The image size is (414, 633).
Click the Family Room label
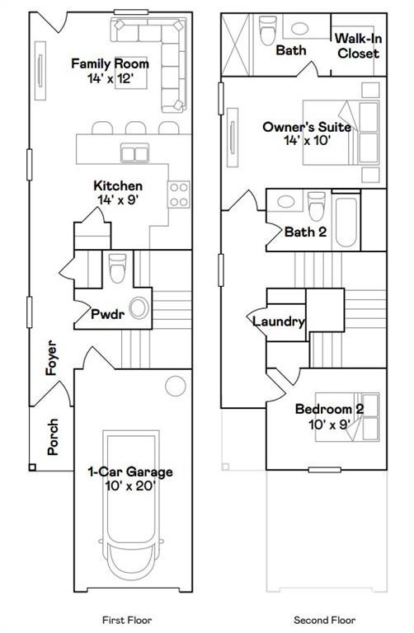[x=110, y=63]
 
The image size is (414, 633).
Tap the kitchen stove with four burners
[x=179, y=195]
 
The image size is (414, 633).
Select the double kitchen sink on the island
[x=134, y=153]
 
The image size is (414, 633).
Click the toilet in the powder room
[x=118, y=268]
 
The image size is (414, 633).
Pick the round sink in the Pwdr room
[x=139, y=308]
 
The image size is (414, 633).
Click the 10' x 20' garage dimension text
[x=130, y=486]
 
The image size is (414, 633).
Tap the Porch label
[x=53, y=437]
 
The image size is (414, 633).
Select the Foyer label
[x=51, y=358]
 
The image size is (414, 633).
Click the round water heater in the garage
[x=176, y=386]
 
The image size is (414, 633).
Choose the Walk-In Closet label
[x=358, y=46]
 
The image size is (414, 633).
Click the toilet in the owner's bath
[x=268, y=30]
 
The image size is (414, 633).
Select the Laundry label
[x=278, y=321]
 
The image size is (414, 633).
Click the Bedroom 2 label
[x=330, y=409]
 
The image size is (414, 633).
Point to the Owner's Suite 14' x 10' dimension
[x=308, y=140]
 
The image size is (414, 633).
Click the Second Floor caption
[x=325, y=620]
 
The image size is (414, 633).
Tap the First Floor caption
[x=127, y=620]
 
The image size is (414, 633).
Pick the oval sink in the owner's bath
[x=299, y=28]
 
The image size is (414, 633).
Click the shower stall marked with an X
[x=236, y=45]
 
